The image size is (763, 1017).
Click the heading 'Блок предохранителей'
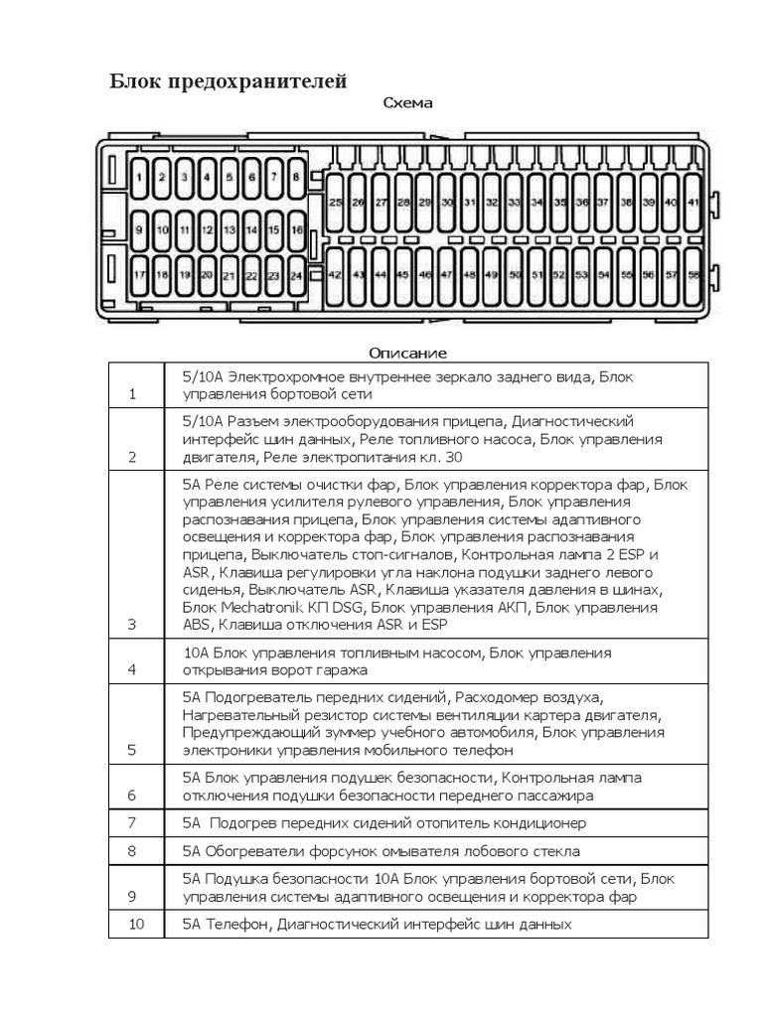click(228, 81)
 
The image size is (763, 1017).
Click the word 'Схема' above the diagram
click(407, 103)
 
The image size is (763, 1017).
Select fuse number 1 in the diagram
click(140, 179)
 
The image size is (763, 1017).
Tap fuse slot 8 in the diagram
click(296, 179)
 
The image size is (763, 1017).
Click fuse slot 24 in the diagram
click(296, 276)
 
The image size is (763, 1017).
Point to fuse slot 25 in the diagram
click(335, 203)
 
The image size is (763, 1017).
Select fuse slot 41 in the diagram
click(692, 203)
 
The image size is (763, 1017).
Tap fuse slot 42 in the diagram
click(335, 276)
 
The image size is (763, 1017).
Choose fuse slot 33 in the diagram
click(514, 203)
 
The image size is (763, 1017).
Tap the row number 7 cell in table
click(133, 823)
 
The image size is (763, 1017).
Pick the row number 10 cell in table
click(136, 924)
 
